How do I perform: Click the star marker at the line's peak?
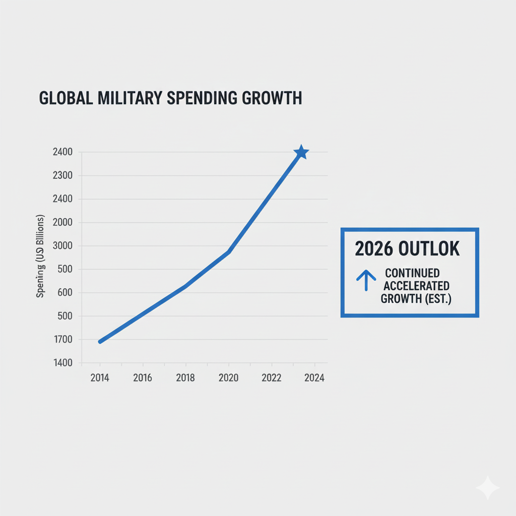tap(301, 152)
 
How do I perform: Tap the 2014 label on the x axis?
tap(100, 378)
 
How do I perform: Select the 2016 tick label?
tap(143, 378)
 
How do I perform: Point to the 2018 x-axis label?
tap(185, 378)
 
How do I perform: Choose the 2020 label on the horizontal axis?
tap(229, 378)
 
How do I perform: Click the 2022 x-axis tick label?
tap(272, 378)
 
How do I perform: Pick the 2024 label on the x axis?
tap(314, 378)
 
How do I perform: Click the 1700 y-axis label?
tap(62, 340)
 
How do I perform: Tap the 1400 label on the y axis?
tap(62, 363)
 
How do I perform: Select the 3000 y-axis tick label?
tap(62, 246)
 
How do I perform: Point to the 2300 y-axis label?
tap(62, 175)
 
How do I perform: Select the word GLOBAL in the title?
tap(66, 98)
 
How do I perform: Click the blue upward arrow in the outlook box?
tap(366, 280)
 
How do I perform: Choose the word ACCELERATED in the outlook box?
tap(416, 286)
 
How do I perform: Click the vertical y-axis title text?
tap(41, 257)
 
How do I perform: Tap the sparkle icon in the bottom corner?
tap(487, 488)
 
